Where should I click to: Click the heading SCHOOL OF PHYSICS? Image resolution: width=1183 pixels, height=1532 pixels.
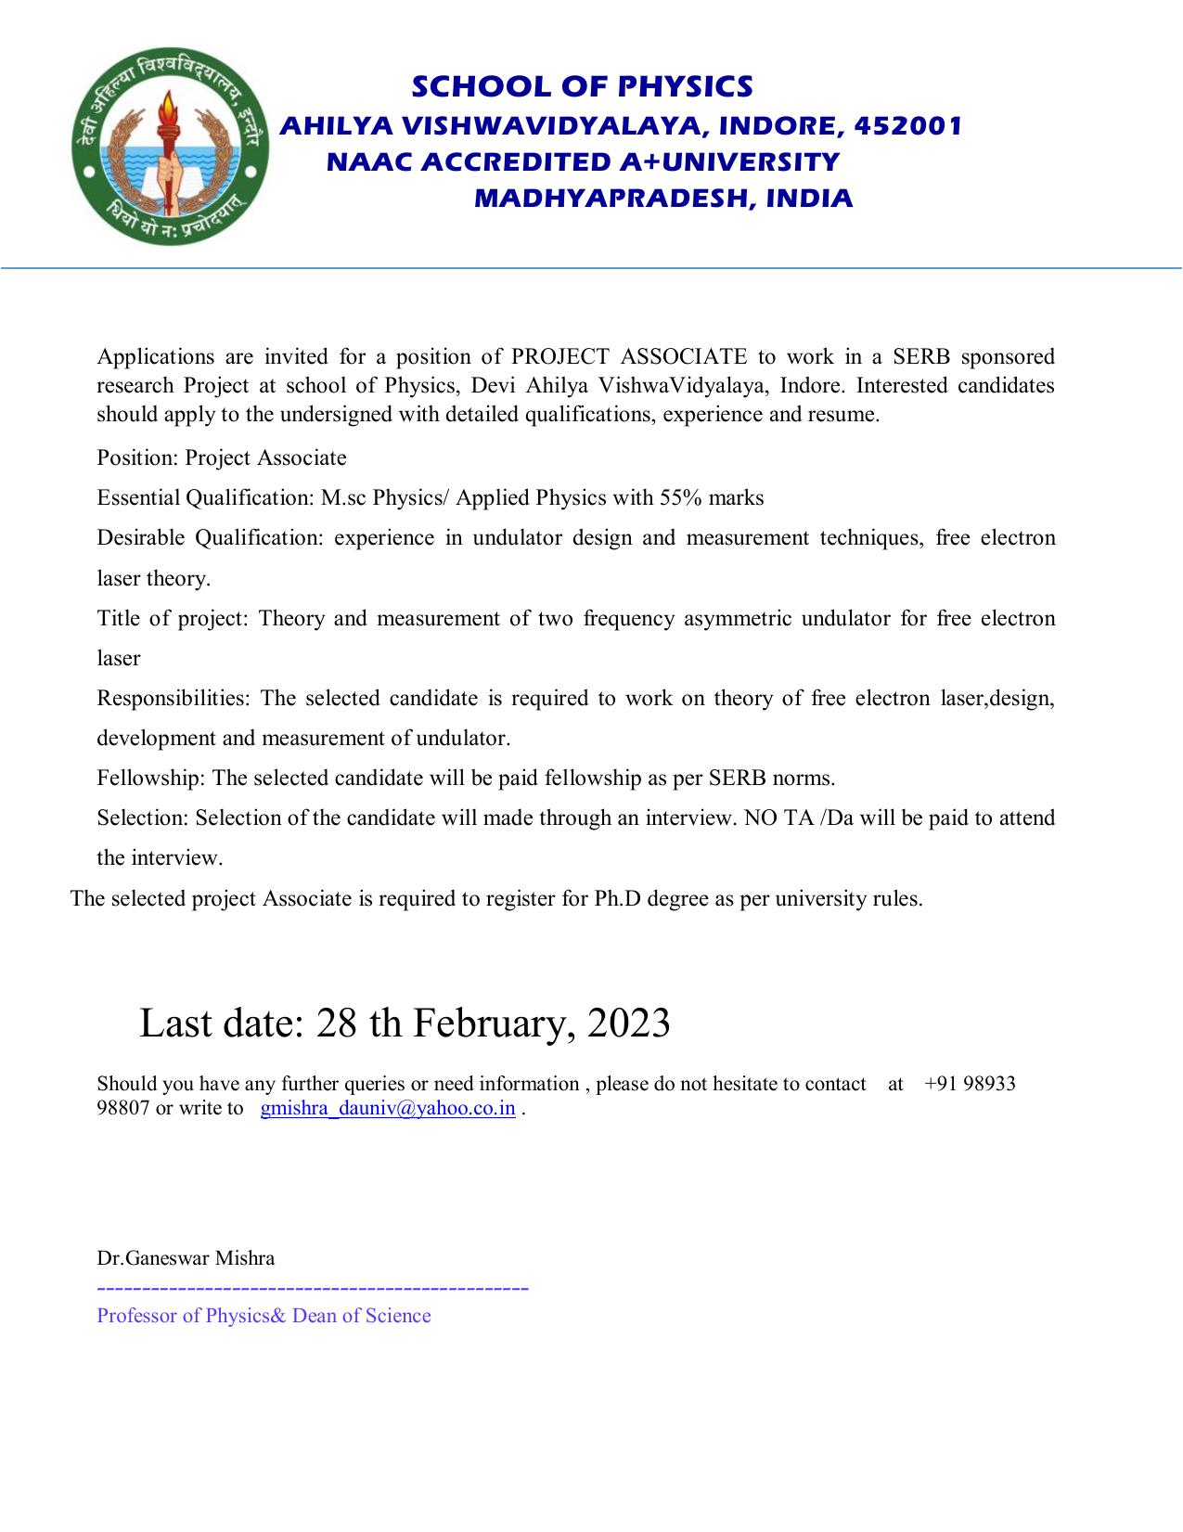click(x=582, y=86)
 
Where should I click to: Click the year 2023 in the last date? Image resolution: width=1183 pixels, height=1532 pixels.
click(x=628, y=1023)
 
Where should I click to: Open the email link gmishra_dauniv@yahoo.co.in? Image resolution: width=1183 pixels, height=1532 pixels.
click(x=388, y=1108)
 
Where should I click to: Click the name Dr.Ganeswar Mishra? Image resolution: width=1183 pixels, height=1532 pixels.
click(x=186, y=1258)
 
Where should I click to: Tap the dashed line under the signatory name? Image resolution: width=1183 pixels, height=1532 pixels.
click(x=313, y=1289)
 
